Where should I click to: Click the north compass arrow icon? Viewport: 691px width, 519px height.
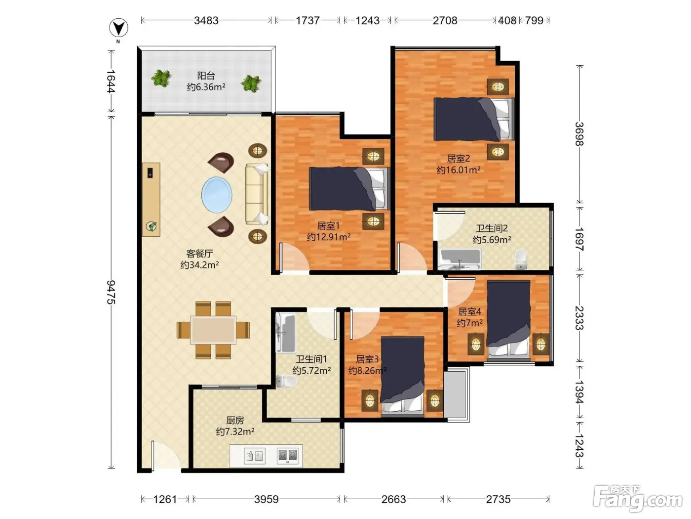pyautogui.click(x=118, y=28)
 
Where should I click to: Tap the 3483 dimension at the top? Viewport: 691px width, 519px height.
pyautogui.click(x=206, y=20)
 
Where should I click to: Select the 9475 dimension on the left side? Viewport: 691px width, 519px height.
pyautogui.click(x=111, y=292)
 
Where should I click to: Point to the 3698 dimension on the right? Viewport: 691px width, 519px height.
pyautogui.click(x=579, y=134)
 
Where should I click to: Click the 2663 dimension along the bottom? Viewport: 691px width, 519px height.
pyautogui.click(x=393, y=499)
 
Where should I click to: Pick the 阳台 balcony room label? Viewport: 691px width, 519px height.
pyautogui.click(x=206, y=76)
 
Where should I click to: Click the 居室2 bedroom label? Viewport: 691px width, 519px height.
pyautogui.click(x=459, y=159)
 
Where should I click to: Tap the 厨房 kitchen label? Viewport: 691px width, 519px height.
pyautogui.click(x=235, y=420)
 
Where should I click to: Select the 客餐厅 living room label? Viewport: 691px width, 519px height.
pyautogui.click(x=199, y=254)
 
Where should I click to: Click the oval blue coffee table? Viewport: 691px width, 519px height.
pyautogui.click(x=217, y=195)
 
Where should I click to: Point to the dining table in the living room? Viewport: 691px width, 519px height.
pyautogui.click(x=213, y=330)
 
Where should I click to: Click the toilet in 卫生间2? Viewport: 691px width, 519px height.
pyautogui.click(x=521, y=259)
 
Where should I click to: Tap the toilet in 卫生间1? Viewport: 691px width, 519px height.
pyautogui.click(x=286, y=381)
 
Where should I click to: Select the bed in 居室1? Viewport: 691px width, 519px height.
pyautogui.click(x=349, y=189)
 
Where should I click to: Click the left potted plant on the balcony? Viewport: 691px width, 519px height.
pyautogui.click(x=161, y=78)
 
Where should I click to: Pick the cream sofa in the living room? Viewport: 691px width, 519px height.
pyautogui.click(x=257, y=194)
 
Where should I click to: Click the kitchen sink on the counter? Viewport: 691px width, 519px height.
pyautogui.click(x=255, y=456)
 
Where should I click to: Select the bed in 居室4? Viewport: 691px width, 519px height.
pyautogui.click(x=508, y=320)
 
